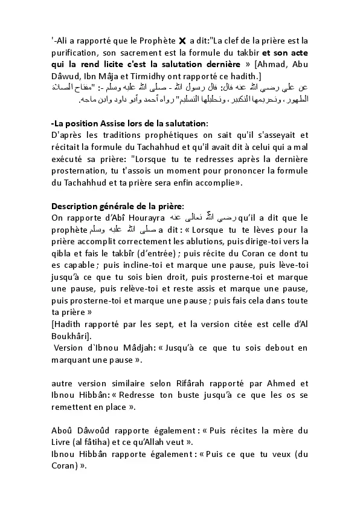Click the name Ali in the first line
coord(60,41)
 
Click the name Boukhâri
coord(72,335)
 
